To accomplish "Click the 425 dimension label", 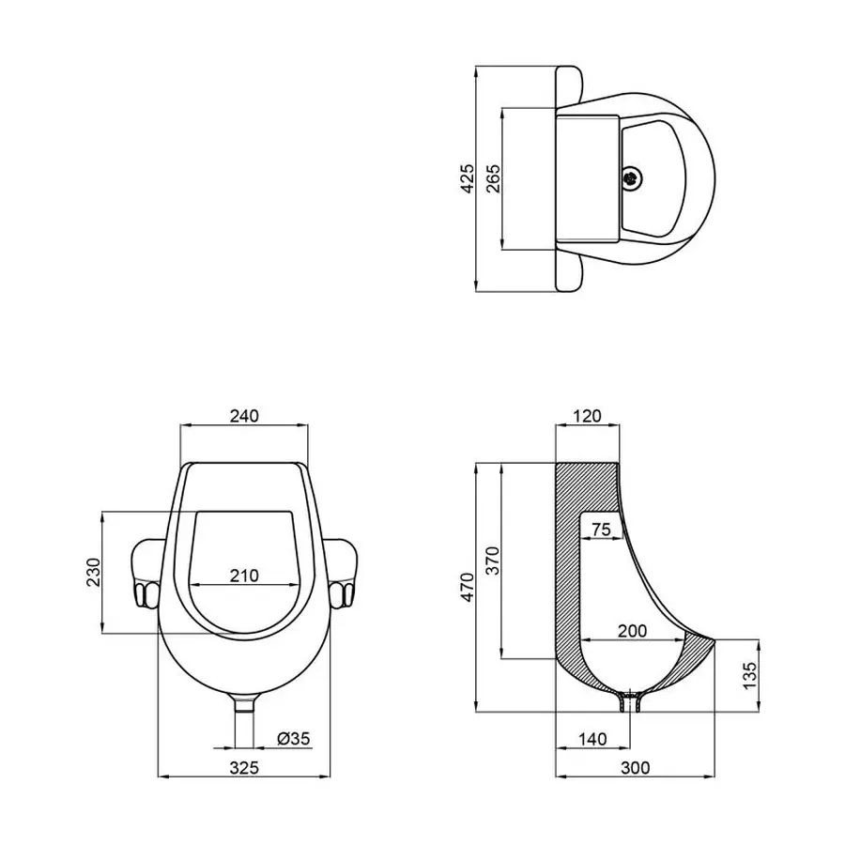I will click(467, 177).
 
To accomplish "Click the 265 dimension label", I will click(494, 177).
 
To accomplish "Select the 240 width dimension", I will click(243, 415).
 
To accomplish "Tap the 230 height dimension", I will click(92, 572).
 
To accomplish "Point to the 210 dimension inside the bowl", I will click(243, 575).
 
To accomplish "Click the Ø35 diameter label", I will click(294, 738).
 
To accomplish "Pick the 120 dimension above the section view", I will click(587, 415).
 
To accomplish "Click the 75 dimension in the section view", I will click(601, 530).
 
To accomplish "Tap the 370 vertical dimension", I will click(494, 560).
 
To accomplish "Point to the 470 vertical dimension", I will click(467, 587).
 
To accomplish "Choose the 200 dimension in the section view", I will click(631, 631).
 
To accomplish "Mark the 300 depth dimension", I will click(636, 767).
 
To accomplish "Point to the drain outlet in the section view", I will click(630, 701).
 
